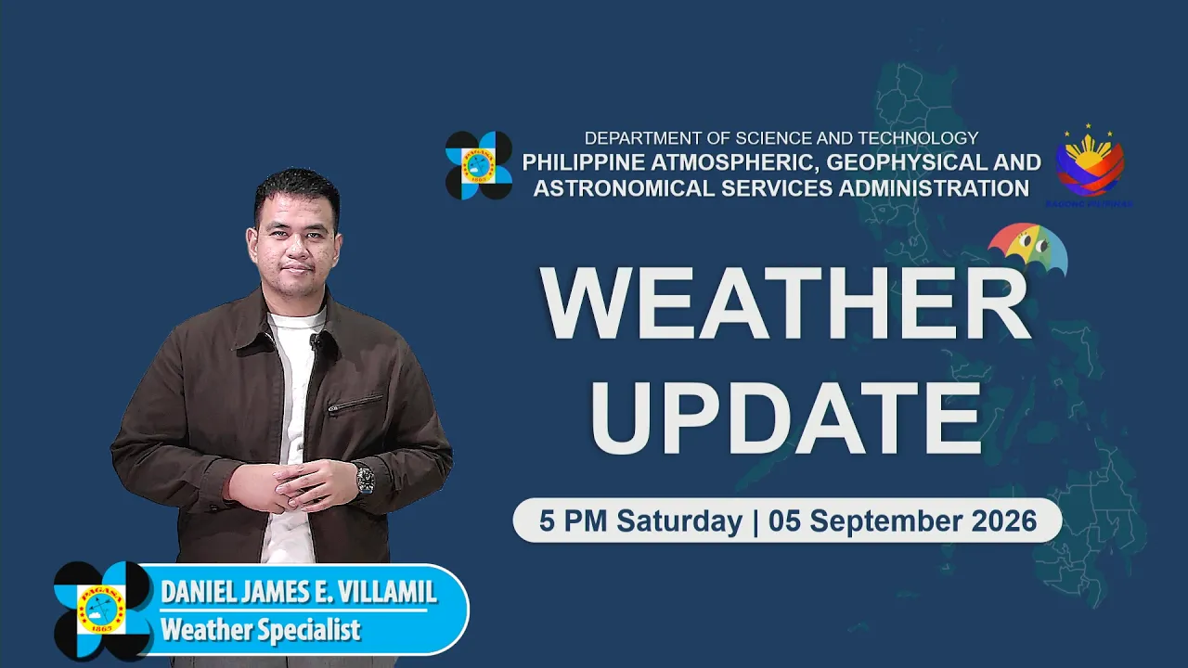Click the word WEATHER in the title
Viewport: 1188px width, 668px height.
(785, 302)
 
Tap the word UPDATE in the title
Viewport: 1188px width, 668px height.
(785, 417)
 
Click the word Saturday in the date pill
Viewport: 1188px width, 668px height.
(679, 521)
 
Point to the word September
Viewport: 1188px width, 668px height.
(867, 521)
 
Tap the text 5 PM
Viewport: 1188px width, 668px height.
(573, 520)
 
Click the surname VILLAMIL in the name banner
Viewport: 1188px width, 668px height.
(387, 592)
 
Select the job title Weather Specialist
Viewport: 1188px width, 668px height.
(261, 630)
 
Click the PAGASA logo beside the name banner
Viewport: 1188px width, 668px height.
(102, 610)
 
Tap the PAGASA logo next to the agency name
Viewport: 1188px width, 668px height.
(479, 165)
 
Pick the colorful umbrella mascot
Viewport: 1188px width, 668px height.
(1027, 248)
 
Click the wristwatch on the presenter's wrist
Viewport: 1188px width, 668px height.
(366, 480)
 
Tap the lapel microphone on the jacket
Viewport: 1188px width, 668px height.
(315, 340)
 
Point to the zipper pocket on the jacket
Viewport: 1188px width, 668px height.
(355, 403)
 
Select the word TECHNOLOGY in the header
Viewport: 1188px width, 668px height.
(918, 138)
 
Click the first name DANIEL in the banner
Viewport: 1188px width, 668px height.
(199, 592)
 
